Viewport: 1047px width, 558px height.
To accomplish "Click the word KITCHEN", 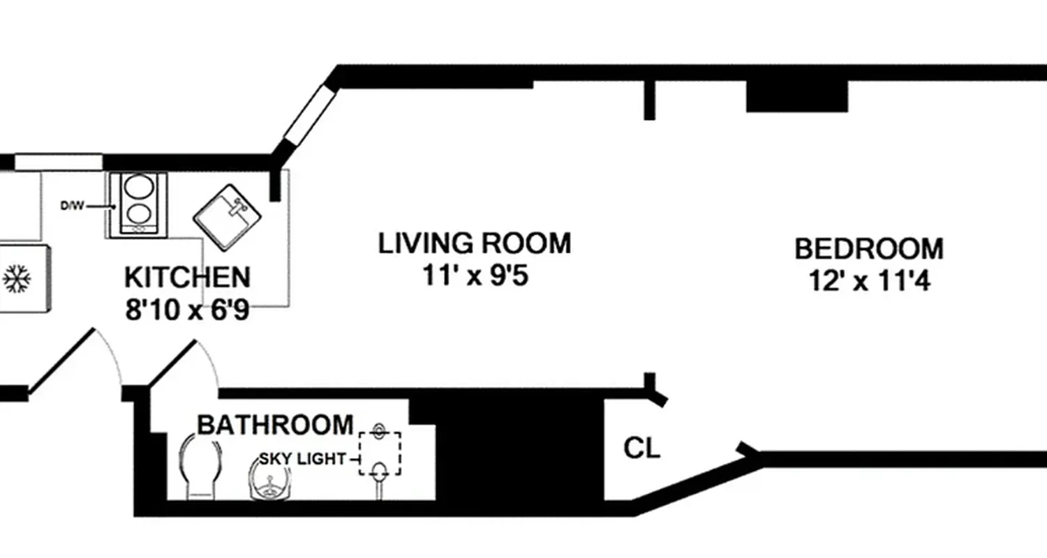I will [187, 277].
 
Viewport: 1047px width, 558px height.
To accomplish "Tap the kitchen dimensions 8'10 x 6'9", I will [187, 310].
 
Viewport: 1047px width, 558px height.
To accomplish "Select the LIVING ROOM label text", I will [475, 243].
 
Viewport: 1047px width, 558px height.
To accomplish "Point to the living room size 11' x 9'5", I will [475, 276].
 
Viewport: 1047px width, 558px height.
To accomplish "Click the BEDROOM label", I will [869, 249].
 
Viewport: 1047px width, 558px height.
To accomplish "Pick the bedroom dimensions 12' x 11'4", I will [869, 282].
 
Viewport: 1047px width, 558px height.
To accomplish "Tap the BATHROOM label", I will [275, 424].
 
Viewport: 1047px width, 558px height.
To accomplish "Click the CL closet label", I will [641, 448].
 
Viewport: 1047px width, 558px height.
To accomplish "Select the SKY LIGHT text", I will [302, 459].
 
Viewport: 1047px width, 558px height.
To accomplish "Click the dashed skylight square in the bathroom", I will [380, 453].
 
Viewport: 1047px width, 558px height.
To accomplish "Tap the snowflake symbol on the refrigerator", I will [16, 279].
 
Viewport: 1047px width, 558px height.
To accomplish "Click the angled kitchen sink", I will [227, 217].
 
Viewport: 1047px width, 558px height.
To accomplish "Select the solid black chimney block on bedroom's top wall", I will [796, 96].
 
